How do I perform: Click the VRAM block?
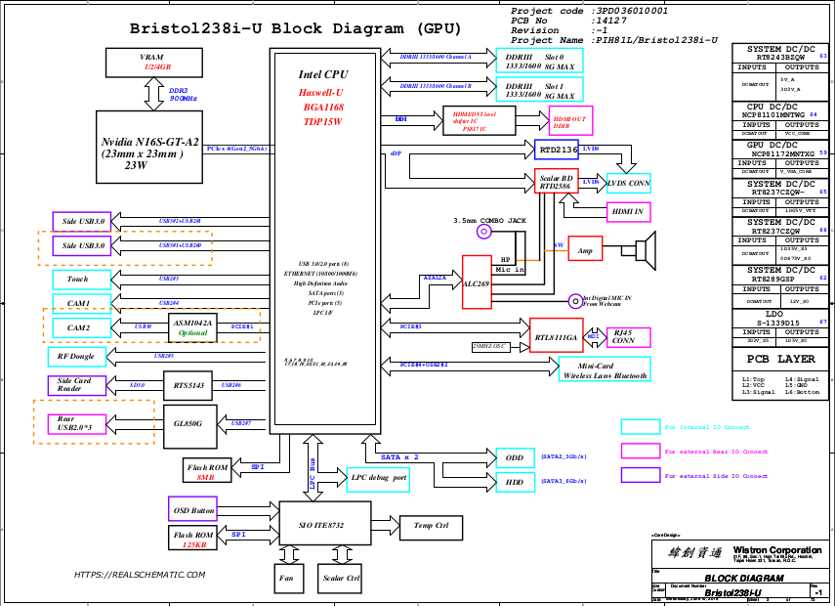pyautogui.click(x=150, y=62)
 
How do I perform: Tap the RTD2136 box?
pyautogui.click(x=558, y=150)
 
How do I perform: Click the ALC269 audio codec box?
pyautogui.click(x=476, y=282)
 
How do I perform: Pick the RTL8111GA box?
pyautogui.click(x=556, y=337)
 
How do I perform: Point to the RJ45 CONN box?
pyautogui.click(x=622, y=336)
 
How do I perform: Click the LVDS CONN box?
pyautogui.click(x=628, y=183)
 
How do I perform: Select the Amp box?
pyautogui.click(x=585, y=250)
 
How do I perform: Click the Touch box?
pyautogui.click(x=77, y=279)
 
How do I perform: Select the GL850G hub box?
pyautogui.click(x=188, y=422)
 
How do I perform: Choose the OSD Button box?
pyautogui.click(x=193, y=510)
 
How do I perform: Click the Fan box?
pyautogui.click(x=286, y=578)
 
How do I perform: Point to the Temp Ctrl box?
pyautogui.click(x=431, y=526)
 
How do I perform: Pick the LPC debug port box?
pyautogui.click(x=377, y=479)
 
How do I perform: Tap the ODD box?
pyautogui.click(x=515, y=457)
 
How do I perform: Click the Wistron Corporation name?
pyautogui.click(x=777, y=549)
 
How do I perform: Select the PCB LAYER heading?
pyautogui.click(x=779, y=359)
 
